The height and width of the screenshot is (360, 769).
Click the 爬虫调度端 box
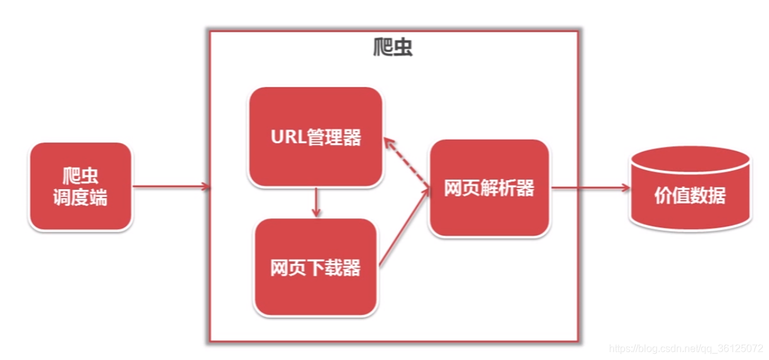tap(80, 186)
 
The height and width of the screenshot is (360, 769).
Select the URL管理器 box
tap(316, 137)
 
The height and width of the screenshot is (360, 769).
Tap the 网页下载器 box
tap(316, 267)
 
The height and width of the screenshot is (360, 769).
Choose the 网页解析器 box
tap(489, 188)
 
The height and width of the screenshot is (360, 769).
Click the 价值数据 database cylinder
tap(691, 190)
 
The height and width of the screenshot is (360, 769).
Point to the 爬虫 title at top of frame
tap(393, 47)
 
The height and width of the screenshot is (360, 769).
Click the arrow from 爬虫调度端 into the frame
tap(171, 186)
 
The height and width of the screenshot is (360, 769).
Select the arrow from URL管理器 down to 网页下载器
tap(316, 202)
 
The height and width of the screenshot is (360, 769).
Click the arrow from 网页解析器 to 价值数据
tap(588, 187)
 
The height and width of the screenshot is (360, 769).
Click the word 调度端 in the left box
tap(80, 197)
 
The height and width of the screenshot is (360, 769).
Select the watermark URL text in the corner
tap(686, 349)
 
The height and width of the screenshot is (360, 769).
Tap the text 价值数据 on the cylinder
tap(690, 196)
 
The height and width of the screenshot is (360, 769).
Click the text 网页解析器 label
tap(489, 188)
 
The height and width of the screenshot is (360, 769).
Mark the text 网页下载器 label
tap(316, 268)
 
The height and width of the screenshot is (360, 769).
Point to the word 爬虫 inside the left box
tap(80, 175)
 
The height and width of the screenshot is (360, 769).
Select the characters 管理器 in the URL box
tap(335, 138)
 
